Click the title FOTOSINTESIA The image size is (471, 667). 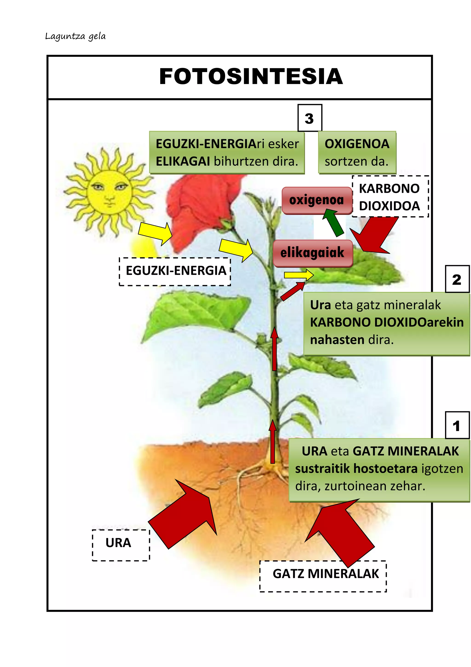[x=251, y=76]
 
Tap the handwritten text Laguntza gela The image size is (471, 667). [x=75, y=37]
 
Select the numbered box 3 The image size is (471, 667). [x=310, y=118]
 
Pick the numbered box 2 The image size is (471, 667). [x=457, y=279]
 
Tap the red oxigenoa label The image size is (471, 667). [x=317, y=200]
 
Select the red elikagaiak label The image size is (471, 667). [x=313, y=253]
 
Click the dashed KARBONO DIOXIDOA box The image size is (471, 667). [x=390, y=197]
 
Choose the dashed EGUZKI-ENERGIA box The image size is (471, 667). [x=175, y=271]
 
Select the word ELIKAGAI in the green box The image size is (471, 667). [x=183, y=161]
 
